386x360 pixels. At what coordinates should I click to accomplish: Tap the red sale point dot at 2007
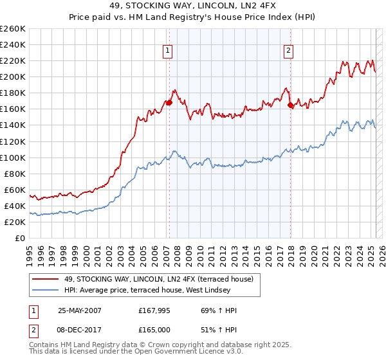(x=169, y=102)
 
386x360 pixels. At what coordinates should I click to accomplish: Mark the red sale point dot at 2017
(x=290, y=105)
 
